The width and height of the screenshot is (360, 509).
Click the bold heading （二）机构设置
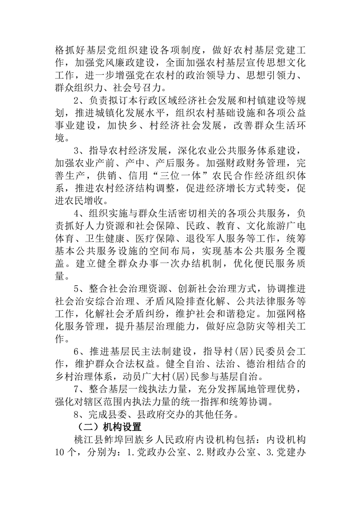pos(108,427)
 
